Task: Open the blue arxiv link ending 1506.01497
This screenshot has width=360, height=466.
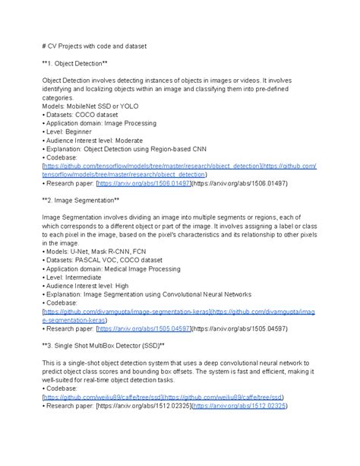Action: tap(150, 183)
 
